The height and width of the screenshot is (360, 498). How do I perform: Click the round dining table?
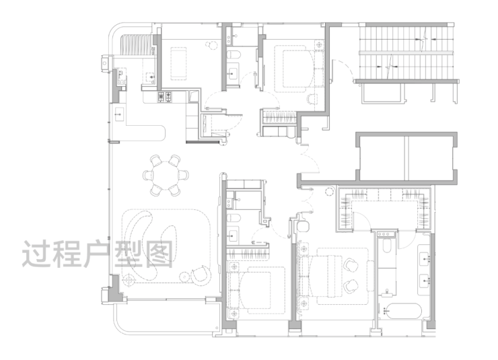pos(166,175)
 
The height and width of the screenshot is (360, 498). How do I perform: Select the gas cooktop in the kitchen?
pos(165,97)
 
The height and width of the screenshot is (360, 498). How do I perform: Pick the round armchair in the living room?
pos(201,275)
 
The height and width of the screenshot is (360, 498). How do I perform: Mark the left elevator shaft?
pos(382,157)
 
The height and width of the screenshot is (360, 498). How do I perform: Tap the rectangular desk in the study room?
pos(178,63)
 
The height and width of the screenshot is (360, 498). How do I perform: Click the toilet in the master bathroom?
pos(386,246)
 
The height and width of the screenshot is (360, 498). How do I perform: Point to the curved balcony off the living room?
pos(165,318)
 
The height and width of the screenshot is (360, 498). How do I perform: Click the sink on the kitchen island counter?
pos(119,114)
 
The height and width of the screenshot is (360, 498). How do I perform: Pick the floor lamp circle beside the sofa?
pos(129,280)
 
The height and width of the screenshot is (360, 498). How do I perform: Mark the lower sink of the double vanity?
pos(425,281)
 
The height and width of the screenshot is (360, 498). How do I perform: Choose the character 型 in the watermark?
pos(128,254)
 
